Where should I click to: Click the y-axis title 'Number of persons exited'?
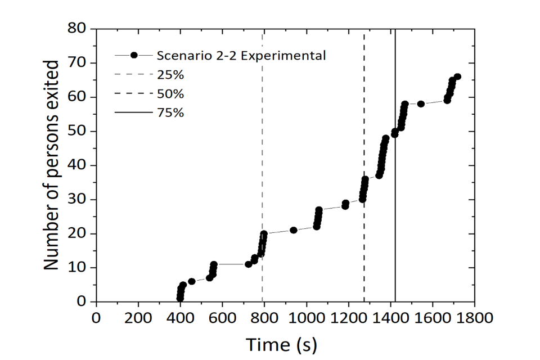52,164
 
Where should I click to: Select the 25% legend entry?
170,75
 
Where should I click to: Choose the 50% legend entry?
170,93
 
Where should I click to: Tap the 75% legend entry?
170,112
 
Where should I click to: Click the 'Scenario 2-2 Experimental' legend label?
241,56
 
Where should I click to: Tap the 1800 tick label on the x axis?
474,317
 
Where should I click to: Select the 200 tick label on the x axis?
138,317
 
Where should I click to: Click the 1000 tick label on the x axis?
307,317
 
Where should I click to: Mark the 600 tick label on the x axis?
222,317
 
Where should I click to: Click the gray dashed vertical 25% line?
263,141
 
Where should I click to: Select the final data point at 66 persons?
457,76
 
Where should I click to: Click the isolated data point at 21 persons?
294,230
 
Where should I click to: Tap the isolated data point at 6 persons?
192,281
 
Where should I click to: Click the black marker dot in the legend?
134,55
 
